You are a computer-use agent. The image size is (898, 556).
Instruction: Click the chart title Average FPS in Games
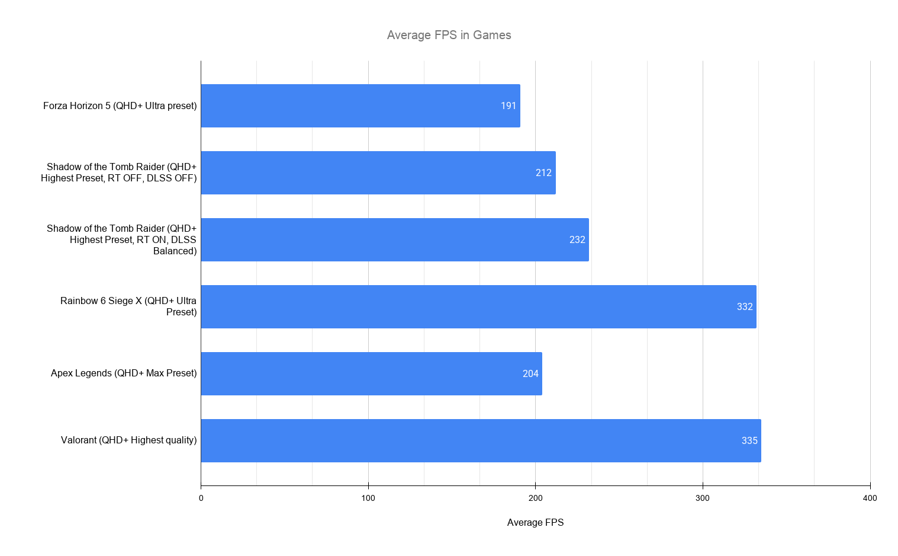(x=449, y=35)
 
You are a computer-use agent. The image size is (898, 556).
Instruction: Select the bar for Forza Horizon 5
(x=360, y=106)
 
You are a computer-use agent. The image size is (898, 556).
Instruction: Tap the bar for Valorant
(x=481, y=440)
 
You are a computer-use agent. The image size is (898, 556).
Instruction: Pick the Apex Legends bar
(x=371, y=373)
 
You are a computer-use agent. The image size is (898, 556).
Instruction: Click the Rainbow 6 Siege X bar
(x=478, y=306)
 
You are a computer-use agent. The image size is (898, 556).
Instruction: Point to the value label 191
(x=508, y=106)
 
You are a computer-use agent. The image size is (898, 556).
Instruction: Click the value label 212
(x=543, y=172)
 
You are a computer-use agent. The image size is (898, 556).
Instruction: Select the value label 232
(x=577, y=239)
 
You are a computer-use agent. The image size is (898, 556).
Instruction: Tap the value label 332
(x=745, y=306)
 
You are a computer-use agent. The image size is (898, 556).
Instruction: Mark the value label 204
(x=530, y=373)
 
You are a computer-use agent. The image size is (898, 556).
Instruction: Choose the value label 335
(x=749, y=440)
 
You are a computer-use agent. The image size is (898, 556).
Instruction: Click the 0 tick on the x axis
(x=201, y=498)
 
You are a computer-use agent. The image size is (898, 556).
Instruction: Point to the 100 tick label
(x=368, y=498)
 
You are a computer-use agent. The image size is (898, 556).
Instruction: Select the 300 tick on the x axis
(x=703, y=498)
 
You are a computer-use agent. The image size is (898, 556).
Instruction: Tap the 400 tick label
(x=870, y=498)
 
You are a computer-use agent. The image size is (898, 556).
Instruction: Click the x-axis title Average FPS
(x=535, y=522)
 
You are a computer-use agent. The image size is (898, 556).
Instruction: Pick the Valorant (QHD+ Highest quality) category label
(x=128, y=440)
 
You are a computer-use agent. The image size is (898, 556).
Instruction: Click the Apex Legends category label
(x=124, y=373)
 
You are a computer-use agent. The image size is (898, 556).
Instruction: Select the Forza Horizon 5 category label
(x=120, y=106)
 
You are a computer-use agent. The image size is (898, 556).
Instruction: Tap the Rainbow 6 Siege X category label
(x=128, y=306)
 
